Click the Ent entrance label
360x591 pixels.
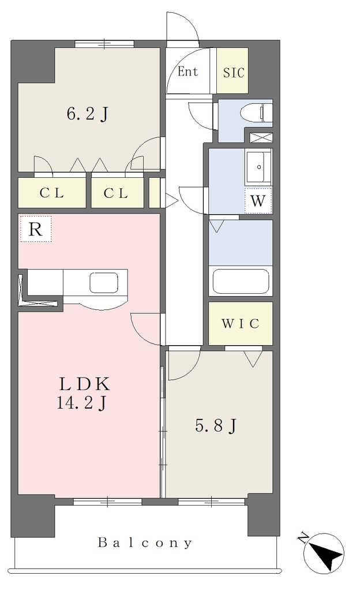(x=187, y=71)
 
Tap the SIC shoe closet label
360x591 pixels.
(x=234, y=72)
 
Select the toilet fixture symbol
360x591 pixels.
(x=257, y=112)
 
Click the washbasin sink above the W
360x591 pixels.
(x=258, y=167)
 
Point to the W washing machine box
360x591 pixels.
(x=258, y=200)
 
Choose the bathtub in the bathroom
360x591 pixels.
(x=241, y=281)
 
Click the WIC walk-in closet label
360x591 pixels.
(x=241, y=323)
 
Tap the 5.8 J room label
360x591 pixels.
(x=215, y=426)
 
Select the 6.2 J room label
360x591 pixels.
(x=88, y=114)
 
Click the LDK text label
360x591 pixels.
(x=84, y=384)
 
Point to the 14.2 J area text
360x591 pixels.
(x=81, y=403)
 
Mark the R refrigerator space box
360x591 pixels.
(x=35, y=229)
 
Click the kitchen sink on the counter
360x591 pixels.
(x=104, y=283)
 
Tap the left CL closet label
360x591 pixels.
(x=52, y=193)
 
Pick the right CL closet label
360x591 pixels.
(x=116, y=193)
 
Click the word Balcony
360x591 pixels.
(x=145, y=543)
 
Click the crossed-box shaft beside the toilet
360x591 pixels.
(x=261, y=137)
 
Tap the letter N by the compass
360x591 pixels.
(x=301, y=537)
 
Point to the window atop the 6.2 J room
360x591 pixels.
(x=104, y=44)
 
